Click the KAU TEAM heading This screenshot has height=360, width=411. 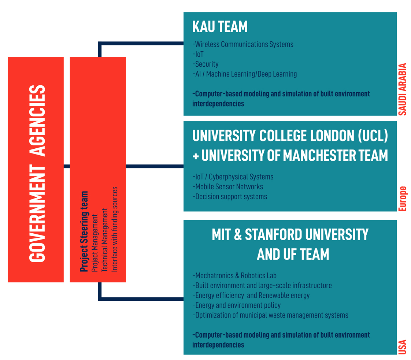click(x=220, y=27)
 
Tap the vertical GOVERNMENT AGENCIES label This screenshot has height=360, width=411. click(x=37, y=174)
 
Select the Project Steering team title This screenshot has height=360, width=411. click(x=84, y=231)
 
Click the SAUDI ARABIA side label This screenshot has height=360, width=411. click(x=402, y=89)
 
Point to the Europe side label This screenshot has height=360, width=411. click(x=402, y=198)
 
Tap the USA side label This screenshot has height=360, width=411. click(x=402, y=347)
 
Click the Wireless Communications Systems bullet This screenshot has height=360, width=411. click(x=243, y=44)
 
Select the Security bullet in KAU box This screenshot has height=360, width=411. click(x=205, y=64)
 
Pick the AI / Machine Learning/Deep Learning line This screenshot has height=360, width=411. click(x=245, y=74)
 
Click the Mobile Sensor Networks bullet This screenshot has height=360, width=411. click(x=227, y=186)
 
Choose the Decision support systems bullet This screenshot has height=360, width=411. click(x=230, y=197)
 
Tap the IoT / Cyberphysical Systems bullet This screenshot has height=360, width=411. click(x=233, y=177)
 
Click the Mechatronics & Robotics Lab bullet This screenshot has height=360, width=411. click(x=234, y=276)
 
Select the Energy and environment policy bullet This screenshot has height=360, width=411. click(x=236, y=305)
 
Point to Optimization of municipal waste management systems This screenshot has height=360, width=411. click(x=270, y=315)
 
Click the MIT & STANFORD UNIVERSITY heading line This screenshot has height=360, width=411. click(x=290, y=234)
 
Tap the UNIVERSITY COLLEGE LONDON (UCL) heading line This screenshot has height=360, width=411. click(x=290, y=136)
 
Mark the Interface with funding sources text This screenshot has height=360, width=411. click(x=115, y=229)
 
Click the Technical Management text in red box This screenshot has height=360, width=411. click(x=105, y=240)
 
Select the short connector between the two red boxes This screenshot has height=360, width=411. click(x=67, y=166)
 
